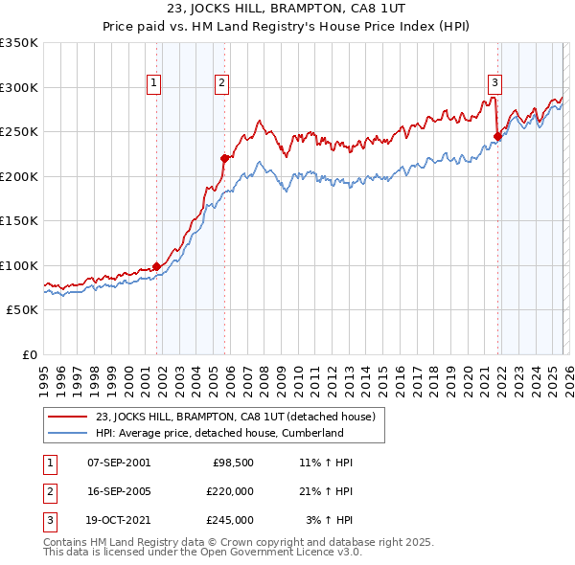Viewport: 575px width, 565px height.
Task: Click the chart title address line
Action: click(x=287, y=11)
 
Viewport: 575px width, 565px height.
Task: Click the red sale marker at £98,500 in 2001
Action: click(x=156, y=266)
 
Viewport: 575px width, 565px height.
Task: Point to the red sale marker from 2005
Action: click(x=224, y=158)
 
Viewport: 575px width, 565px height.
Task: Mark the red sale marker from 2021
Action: click(x=498, y=136)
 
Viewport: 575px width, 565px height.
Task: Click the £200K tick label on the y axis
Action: click(x=19, y=176)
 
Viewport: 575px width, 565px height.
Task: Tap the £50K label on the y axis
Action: click(x=23, y=310)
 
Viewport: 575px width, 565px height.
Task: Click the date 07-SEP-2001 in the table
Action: click(x=119, y=463)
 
